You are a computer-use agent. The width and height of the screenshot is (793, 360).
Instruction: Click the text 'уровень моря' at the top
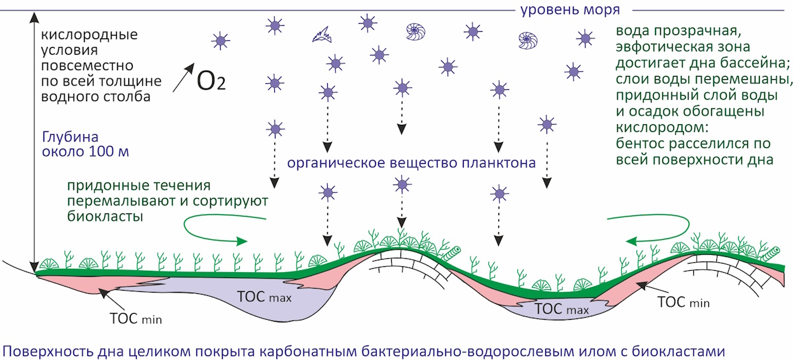[570, 10]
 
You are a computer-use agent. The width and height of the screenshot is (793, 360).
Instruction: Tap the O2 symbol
[211, 81]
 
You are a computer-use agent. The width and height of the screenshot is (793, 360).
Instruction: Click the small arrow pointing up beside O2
[184, 77]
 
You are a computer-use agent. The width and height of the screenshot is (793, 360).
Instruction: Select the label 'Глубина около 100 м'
[85, 144]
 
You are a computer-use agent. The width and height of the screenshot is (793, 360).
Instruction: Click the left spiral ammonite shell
[416, 32]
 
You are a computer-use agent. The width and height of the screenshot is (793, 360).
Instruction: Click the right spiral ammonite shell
[528, 40]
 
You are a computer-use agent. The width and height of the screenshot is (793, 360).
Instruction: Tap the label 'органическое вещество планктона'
[411, 163]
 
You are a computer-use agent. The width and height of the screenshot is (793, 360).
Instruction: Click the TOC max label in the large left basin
[264, 297]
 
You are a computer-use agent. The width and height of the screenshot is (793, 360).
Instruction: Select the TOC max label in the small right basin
[562, 308]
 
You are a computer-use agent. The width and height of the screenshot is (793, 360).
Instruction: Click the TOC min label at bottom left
[136, 318]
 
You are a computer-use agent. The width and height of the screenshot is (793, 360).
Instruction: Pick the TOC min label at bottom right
[683, 302]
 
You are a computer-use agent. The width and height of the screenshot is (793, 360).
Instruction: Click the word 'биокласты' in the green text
[105, 216]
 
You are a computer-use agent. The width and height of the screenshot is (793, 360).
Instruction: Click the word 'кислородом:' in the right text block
[662, 127]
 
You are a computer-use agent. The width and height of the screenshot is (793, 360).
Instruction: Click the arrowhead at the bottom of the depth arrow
[34, 267]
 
